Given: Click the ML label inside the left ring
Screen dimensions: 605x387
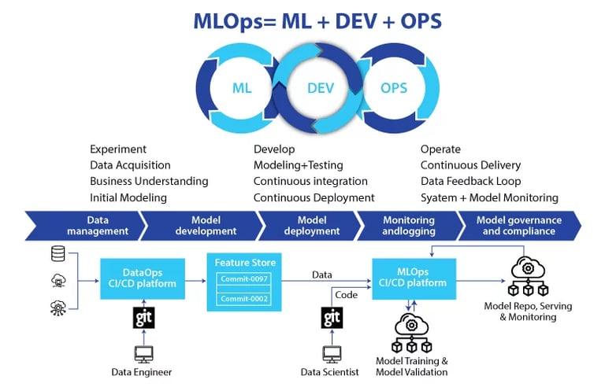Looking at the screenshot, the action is point(242,88).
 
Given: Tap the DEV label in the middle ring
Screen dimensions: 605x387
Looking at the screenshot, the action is point(321,88).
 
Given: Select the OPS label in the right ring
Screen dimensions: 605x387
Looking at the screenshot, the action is point(394,88).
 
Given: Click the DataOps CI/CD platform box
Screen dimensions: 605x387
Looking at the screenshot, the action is point(143,278).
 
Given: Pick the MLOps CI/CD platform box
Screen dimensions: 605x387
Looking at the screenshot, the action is point(414,278).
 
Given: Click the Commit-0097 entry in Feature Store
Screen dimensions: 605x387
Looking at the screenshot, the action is point(244,278).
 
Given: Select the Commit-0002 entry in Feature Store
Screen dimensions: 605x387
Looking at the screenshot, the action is point(244,299).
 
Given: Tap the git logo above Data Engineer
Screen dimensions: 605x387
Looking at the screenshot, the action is point(144,318).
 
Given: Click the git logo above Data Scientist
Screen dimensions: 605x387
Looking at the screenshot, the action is point(332,318).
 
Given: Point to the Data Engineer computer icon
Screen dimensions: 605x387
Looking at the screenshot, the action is point(144,354).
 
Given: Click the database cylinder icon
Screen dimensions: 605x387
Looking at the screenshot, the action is point(58,253).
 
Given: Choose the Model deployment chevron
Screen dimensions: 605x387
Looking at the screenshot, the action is point(310,226).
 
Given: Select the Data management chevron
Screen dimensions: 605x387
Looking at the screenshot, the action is point(86,226).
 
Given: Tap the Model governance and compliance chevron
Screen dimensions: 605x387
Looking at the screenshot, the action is point(519,226).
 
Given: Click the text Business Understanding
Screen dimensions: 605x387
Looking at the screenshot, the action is point(149,181).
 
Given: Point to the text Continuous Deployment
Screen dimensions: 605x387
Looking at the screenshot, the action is point(314,197).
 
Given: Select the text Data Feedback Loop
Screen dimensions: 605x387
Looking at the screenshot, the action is point(470,181).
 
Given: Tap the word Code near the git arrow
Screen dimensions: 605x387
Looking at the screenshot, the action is point(346,295).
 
